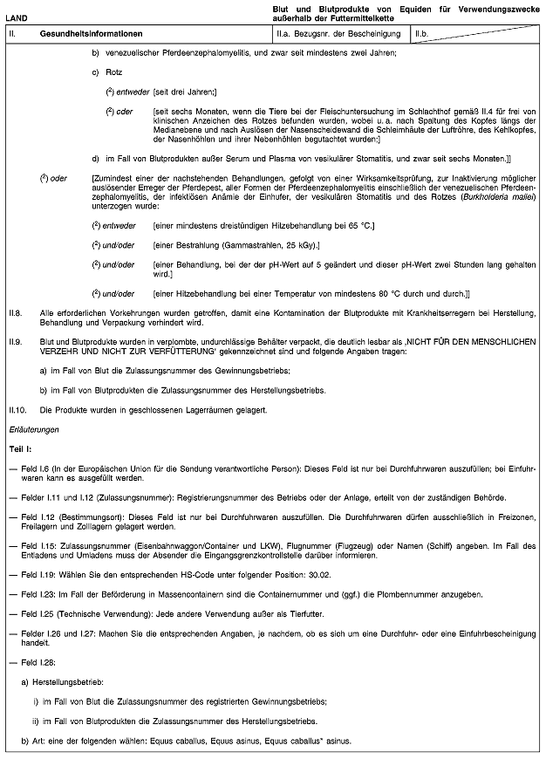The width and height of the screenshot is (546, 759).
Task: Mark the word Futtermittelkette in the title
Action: pyautogui.click(x=353, y=17)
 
